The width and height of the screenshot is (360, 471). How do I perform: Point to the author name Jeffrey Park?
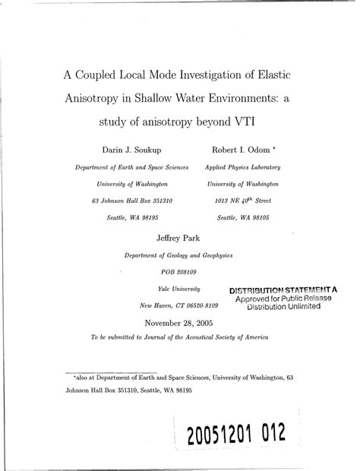point(179,238)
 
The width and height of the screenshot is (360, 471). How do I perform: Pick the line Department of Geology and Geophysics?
point(179,256)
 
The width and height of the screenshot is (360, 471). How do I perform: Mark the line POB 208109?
point(179,273)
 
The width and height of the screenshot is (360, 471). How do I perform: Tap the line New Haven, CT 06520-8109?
point(179,305)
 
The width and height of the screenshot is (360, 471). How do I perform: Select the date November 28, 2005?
point(179,323)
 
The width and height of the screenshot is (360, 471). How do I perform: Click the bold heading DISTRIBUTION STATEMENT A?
point(283,289)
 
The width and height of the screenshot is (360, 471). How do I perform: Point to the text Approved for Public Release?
point(283,299)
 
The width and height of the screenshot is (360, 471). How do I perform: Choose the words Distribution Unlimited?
point(283,308)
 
